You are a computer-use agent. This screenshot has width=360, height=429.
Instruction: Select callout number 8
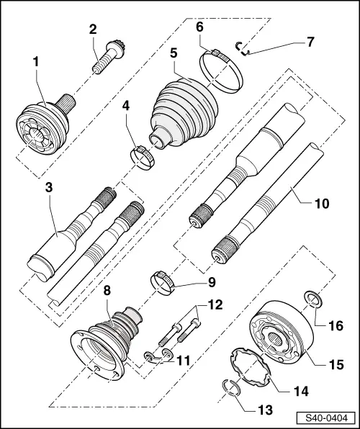107,292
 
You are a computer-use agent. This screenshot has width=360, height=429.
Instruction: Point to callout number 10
320,204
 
